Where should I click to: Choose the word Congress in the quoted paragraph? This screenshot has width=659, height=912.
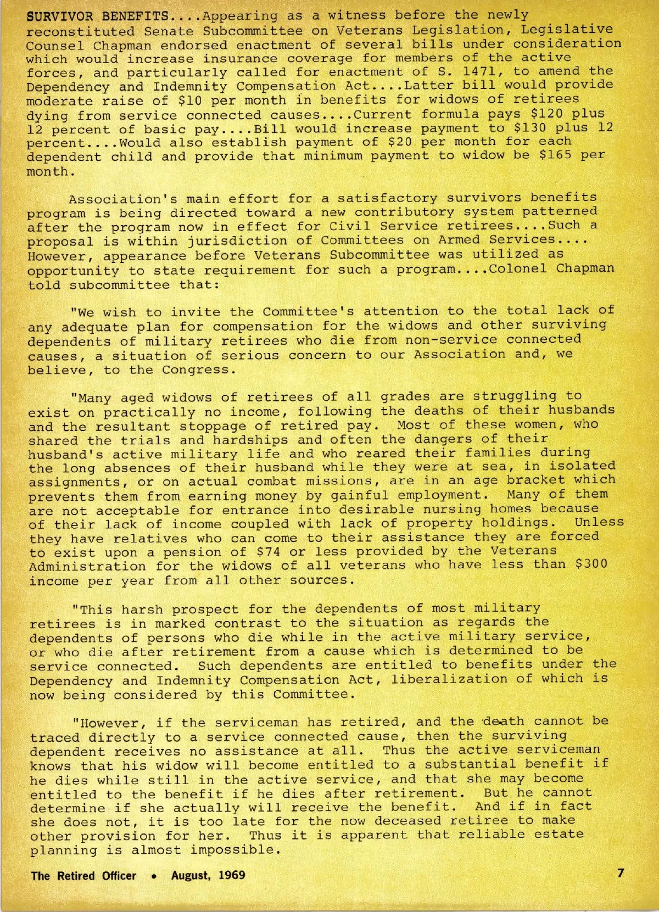tap(198, 369)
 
